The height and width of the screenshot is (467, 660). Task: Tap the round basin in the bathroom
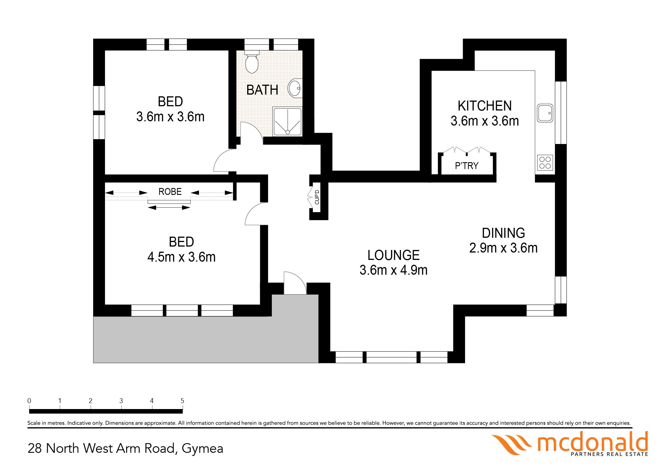(x=295, y=88)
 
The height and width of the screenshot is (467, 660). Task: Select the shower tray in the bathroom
(x=287, y=121)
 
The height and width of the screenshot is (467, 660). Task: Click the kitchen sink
(x=545, y=113)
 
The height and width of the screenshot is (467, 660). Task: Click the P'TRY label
(x=466, y=166)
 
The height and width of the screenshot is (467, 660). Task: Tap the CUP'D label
(x=317, y=197)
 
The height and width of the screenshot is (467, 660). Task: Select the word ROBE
(x=170, y=192)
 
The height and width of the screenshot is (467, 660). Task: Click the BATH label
(x=262, y=90)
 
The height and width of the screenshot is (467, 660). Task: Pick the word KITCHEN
(x=485, y=106)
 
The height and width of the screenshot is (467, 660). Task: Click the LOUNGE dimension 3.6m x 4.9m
(x=394, y=270)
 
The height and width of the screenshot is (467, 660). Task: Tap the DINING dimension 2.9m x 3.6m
(x=503, y=248)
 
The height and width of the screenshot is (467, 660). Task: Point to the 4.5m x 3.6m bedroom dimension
(x=181, y=257)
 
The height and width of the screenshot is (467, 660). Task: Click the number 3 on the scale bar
(x=121, y=401)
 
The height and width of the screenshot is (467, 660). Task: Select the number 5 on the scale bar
(x=182, y=401)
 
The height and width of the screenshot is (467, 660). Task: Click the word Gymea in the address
(x=202, y=449)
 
